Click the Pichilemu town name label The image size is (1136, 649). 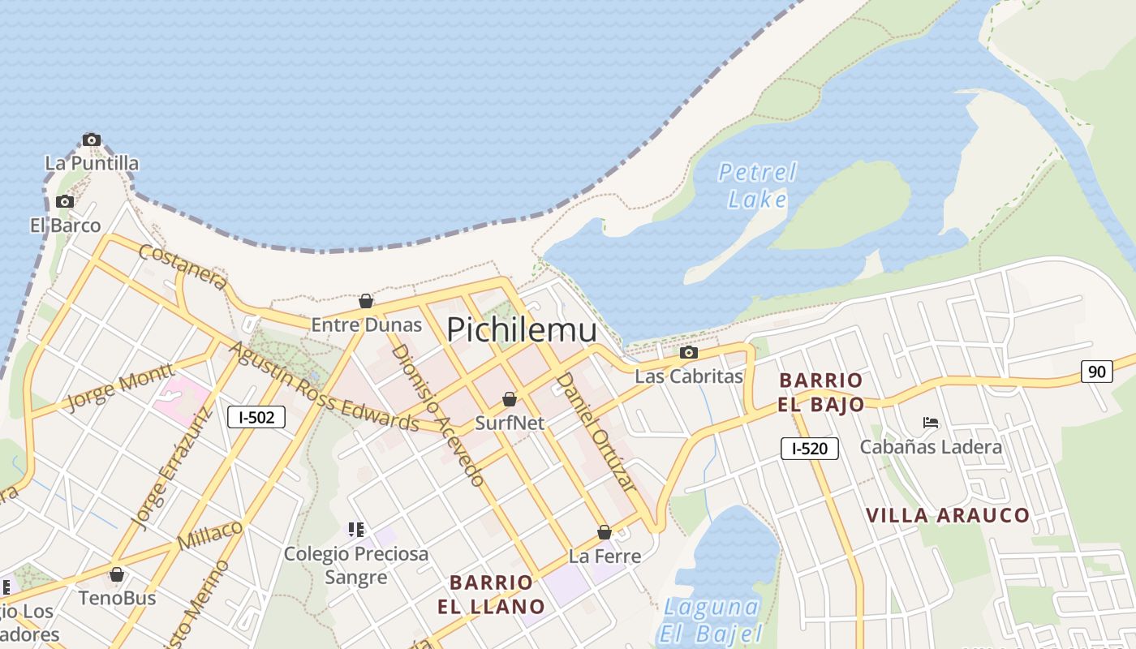coord(522,329)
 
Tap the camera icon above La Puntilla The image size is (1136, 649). coord(92,140)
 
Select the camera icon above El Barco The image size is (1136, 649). coord(65,201)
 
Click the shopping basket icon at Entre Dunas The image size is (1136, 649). coord(366,301)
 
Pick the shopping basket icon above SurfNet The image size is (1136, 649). coord(510,399)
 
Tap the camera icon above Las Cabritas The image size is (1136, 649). coord(688,352)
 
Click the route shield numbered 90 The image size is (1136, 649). coord(1096,372)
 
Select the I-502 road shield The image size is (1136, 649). coord(256,417)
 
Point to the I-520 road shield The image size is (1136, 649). coord(809,448)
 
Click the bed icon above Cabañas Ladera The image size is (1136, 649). coord(931,423)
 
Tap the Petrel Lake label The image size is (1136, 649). coord(757,186)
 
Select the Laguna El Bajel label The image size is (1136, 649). coord(711,620)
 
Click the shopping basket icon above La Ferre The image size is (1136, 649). coord(605,532)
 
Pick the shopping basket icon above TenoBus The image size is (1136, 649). coord(117,574)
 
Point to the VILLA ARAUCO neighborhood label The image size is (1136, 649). coord(947,515)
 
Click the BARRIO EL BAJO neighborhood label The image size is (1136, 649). coord(821,392)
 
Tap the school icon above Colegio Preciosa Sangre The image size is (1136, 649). coord(355,530)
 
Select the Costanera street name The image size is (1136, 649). coord(183,265)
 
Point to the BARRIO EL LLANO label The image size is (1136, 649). coord(491,594)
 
